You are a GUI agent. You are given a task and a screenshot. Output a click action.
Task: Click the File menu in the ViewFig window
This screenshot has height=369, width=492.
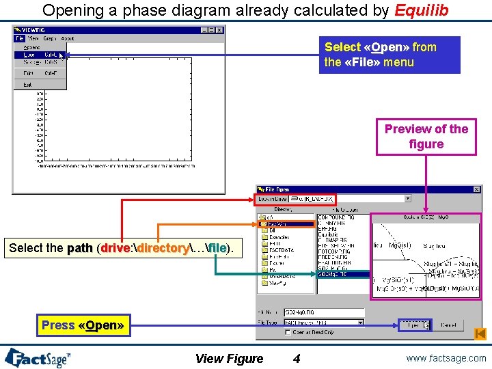(x=20, y=39)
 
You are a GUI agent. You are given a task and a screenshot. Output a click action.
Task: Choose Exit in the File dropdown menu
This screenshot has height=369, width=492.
(x=27, y=85)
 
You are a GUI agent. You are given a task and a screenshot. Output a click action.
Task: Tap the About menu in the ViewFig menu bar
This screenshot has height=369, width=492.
(x=68, y=39)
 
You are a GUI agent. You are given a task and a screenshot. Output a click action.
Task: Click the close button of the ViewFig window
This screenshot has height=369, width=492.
(x=220, y=30)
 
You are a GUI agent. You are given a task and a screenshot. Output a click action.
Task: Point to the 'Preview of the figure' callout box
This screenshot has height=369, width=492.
(x=426, y=137)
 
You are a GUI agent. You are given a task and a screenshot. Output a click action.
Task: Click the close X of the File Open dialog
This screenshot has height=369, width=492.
(x=476, y=189)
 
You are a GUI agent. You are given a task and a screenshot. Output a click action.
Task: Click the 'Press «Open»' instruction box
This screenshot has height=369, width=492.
(x=83, y=325)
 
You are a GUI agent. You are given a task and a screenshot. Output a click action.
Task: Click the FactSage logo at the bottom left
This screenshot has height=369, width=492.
(x=38, y=357)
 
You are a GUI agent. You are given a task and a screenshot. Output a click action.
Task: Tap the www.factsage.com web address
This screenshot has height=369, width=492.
(x=446, y=357)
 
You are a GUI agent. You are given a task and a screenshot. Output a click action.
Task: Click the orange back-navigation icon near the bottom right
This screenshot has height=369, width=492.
(x=480, y=333)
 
